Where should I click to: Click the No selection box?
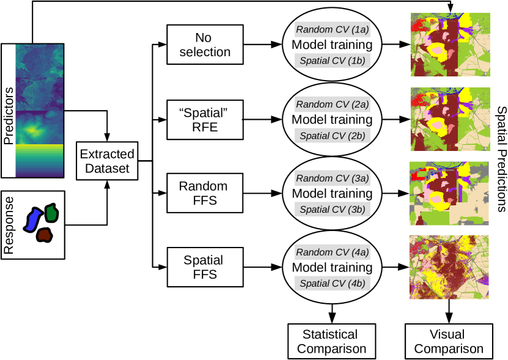click(205, 45)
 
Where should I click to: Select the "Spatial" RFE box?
click(205, 120)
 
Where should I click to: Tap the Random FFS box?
click(205, 193)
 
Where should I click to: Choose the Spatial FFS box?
click(205, 267)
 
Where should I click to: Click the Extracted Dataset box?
click(107, 161)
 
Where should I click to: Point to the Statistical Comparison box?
click(332, 341)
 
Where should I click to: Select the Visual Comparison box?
click(449, 341)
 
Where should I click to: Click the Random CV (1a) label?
click(333, 29)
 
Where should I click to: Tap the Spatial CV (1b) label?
click(333, 61)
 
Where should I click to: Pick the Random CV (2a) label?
click(333, 105)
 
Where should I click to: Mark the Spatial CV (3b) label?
click(333, 209)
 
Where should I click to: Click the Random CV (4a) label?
click(333, 252)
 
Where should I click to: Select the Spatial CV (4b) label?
click(333, 283)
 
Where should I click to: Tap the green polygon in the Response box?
click(51, 213)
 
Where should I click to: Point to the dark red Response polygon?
click(44, 235)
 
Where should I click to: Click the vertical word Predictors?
click(9, 116)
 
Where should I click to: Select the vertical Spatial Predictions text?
click(501, 159)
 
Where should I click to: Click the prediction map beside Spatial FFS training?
click(449, 267)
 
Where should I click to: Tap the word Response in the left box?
click(9, 225)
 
